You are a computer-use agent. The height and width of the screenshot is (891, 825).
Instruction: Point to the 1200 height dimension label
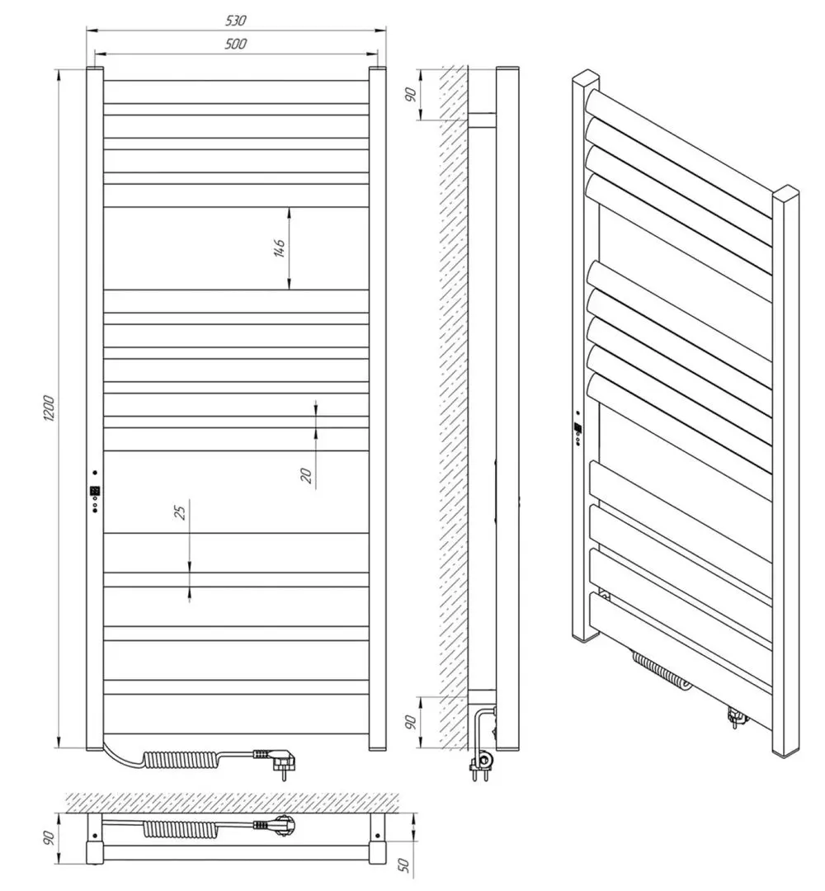[48, 409]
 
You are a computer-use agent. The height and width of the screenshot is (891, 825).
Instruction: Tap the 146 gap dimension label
[279, 248]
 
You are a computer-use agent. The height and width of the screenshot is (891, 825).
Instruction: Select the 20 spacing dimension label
[306, 474]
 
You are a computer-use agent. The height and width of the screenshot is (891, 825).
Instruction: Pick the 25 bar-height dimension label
[180, 511]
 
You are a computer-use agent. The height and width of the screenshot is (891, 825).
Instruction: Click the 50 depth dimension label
[404, 864]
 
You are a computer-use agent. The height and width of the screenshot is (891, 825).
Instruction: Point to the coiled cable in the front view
[181, 758]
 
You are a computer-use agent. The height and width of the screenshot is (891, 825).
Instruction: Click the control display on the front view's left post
[95, 492]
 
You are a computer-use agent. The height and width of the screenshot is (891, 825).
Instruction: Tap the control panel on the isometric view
[579, 429]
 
